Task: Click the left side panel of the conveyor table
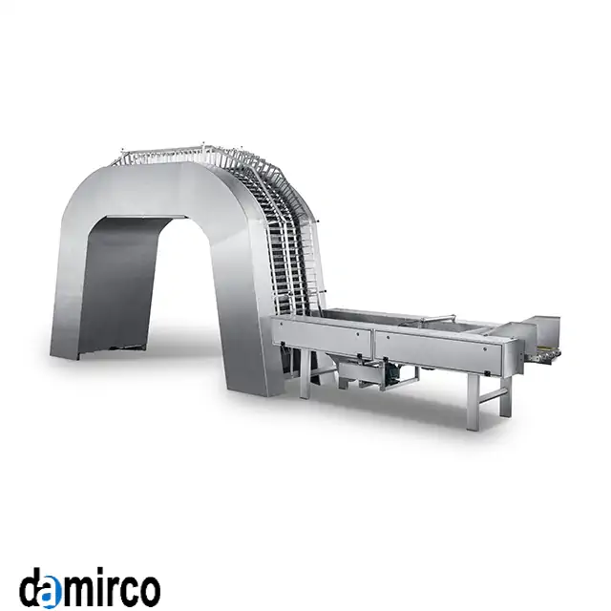[322, 336]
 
